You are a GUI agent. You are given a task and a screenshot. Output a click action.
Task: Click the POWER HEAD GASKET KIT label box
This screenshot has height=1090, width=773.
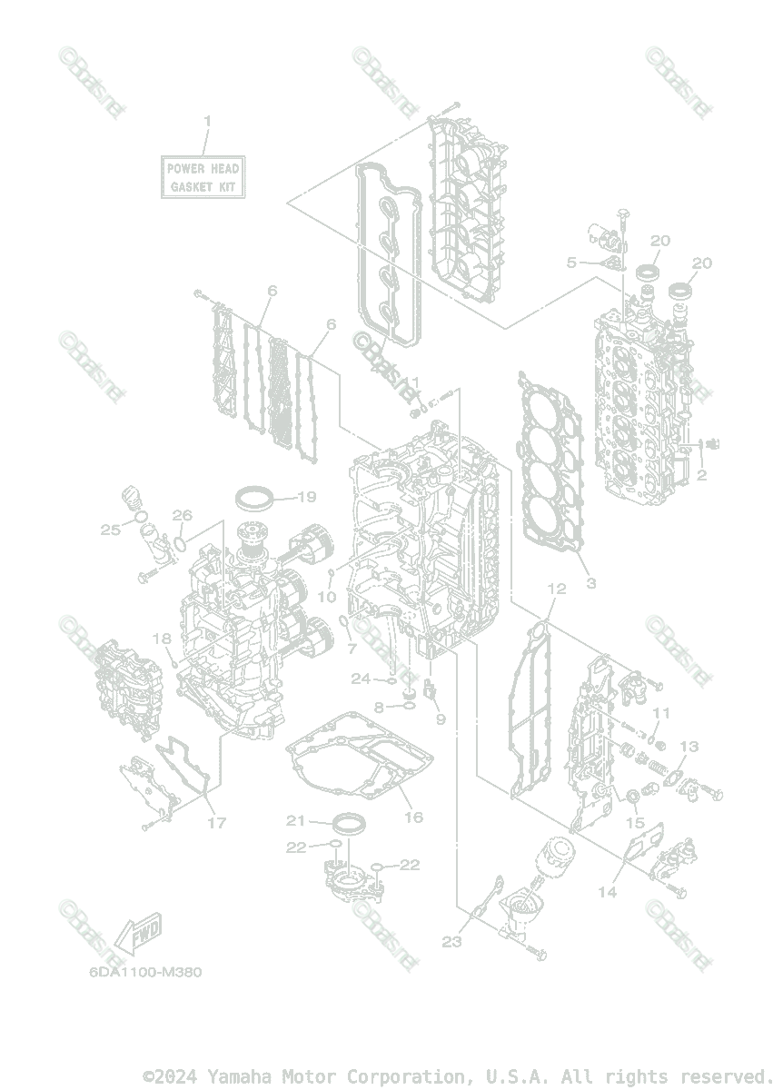tap(203, 177)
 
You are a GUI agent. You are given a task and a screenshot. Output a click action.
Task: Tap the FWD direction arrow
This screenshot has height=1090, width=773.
tap(135, 936)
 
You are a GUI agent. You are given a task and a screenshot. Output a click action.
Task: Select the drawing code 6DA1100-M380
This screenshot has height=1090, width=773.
tap(145, 971)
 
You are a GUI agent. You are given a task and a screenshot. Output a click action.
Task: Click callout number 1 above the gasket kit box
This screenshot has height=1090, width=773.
tap(207, 121)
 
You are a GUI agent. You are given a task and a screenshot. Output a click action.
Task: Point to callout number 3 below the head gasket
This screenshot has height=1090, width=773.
tap(590, 583)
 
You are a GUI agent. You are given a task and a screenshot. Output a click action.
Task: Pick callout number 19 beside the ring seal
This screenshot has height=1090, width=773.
tap(305, 497)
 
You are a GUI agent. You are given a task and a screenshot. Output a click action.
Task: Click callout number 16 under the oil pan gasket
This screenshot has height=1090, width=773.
tap(413, 817)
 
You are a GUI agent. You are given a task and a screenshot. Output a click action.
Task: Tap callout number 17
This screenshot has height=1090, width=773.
tap(216, 824)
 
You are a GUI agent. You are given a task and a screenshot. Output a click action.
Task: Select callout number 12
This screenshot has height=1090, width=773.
tap(556, 589)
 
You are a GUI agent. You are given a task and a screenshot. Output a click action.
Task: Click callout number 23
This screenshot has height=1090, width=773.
tap(452, 942)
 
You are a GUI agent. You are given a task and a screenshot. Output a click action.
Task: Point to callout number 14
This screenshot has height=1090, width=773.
tap(607, 893)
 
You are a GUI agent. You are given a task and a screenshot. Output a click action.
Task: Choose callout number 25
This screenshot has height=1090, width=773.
tap(111, 530)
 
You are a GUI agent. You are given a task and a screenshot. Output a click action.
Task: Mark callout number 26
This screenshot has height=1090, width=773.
tap(183, 515)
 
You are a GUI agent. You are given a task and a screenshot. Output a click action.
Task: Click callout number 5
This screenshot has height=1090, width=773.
tap(571, 263)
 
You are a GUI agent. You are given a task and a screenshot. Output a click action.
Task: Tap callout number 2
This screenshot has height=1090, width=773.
tap(701, 474)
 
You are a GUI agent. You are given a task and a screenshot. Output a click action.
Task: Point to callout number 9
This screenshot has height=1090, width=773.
tap(441, 719)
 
